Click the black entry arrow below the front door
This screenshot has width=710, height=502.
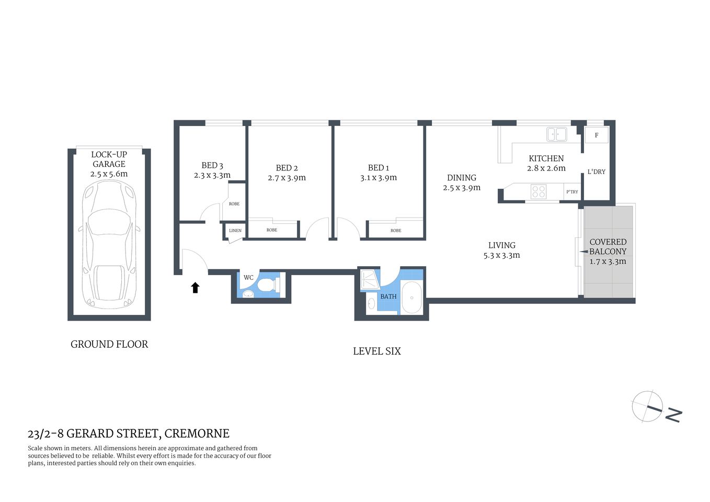point(195,288)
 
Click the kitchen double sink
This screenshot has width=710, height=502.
point(557,134)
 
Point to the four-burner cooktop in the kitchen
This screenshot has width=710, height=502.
point(539,191)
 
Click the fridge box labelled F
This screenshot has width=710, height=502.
point(597,135)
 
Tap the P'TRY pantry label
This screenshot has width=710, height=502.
point(572,192)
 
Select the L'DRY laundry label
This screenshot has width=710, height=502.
point(596,172)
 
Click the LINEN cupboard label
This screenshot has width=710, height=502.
point(235,231)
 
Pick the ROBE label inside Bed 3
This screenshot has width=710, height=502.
point(234,204)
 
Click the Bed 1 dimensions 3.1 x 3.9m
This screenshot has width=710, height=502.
point(379,178)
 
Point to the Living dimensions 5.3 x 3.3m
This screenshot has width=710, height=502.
point(501,255)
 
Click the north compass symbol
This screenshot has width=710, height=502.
point(648,406)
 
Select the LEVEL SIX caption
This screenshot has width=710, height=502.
point(376,351)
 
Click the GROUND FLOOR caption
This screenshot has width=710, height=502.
point(109,344)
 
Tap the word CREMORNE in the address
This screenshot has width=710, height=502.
point(197,433)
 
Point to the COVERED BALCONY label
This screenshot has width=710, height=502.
point(608,246)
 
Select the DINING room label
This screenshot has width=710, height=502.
point(462,178)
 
